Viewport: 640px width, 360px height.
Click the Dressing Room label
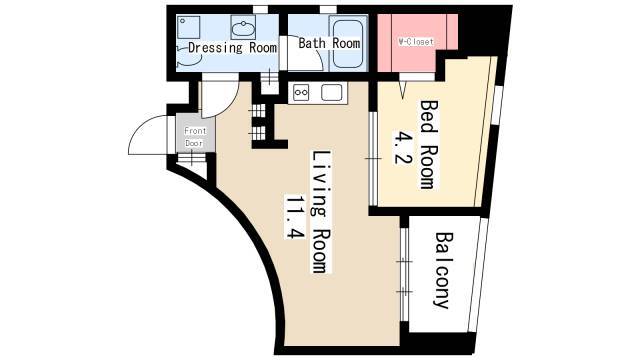[x=232, y=48]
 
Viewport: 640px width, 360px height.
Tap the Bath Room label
[x=329, y=43]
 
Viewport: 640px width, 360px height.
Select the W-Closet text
[x=416, y=42]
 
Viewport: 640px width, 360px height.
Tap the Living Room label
[x=322, y=212]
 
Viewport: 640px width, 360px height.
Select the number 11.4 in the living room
[x=296, y=217]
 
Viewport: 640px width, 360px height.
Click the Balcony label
[x=443, y=270]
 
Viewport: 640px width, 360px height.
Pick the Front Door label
[x=195, y=137]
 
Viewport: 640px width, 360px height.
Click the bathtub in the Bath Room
[x=348, y=43]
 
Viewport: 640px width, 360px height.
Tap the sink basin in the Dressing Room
[x=243, y=28]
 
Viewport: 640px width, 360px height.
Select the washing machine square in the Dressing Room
[x=189, y=27]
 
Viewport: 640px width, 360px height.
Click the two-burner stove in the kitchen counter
[x=301, y=93]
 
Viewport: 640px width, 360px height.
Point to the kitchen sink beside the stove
[x=331, y=92]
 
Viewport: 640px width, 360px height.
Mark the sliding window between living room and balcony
[x=404, y=274]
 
